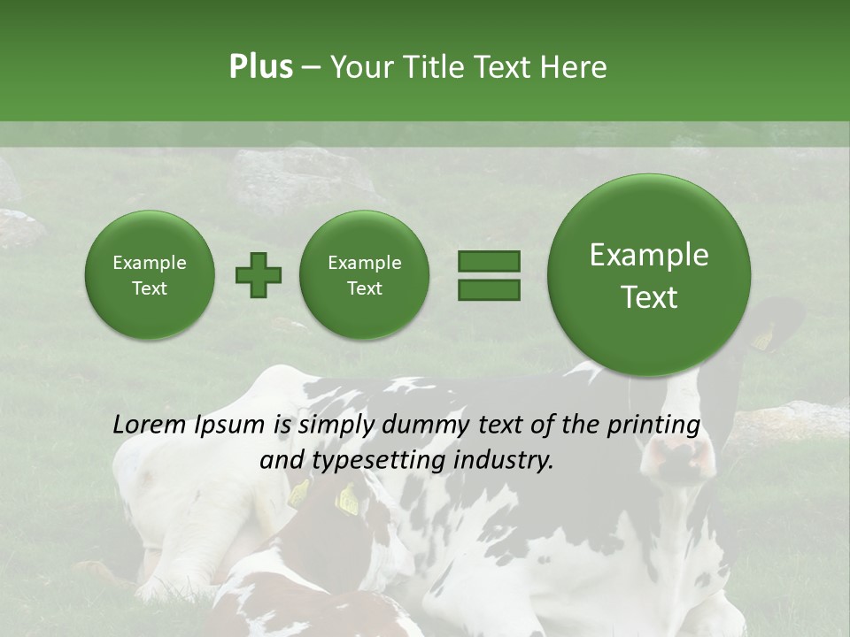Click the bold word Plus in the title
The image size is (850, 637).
coord(260,67)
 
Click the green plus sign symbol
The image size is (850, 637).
coord(259,274)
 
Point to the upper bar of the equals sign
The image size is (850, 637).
coord(488,261)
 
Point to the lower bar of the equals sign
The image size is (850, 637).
coord(488,288)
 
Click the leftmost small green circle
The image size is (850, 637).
coord(149,274)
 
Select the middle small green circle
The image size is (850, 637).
coord(364,274)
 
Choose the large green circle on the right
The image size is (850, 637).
coord(649,275)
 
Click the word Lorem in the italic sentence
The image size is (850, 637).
coord(150,425)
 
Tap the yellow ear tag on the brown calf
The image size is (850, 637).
coord(347,502)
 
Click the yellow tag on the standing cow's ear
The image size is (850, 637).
coord(762,339)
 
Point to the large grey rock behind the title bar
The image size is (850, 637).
coord(292,177)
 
